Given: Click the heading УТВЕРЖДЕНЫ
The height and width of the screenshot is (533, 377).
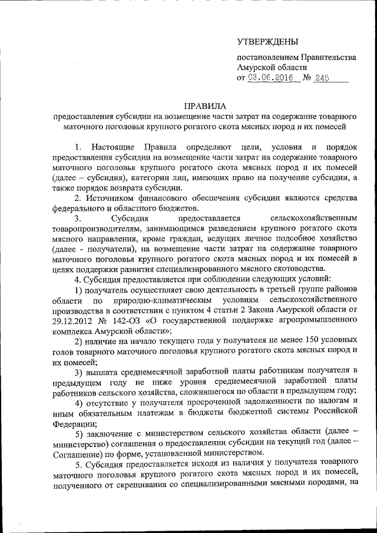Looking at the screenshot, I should pos(267,42).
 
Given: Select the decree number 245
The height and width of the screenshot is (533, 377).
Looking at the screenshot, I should pos(322,78).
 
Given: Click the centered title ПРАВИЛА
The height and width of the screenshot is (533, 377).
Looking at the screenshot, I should pos(205,106).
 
